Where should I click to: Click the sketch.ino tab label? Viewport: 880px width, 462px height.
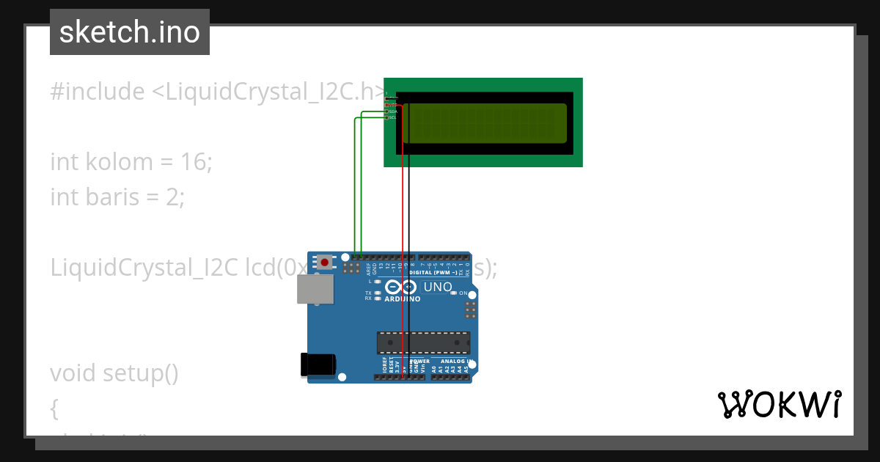(x=130, y=32)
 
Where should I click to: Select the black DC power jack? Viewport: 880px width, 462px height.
(x=318, y=365)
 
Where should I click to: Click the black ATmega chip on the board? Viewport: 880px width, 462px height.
(x=423, y=342)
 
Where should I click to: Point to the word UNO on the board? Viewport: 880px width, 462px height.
(x=438, y=287)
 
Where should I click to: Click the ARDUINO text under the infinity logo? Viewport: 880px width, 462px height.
(x=403, y=299)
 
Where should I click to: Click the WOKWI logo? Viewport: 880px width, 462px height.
(x=779, y=404)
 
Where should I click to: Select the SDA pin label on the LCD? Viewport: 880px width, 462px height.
(x=392, y=111)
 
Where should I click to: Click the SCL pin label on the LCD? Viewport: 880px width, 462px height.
(x=392, y=117)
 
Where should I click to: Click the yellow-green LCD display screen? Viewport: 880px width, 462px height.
(x=485, y=123)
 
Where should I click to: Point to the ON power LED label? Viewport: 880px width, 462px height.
(x=463, y=293)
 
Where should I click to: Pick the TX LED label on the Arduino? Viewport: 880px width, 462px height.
(x=368, y=293)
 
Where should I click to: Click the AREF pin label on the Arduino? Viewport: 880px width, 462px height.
(x=368, y=269)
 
